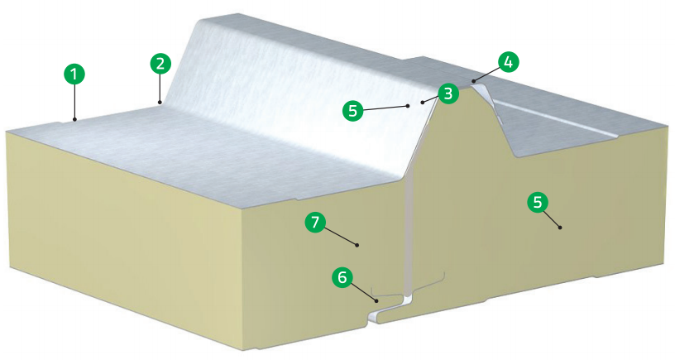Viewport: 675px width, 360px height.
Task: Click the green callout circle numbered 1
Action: [74, 74]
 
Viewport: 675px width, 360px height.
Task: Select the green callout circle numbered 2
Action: [160, 62]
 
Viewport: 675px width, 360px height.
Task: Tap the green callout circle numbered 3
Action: [447, 93]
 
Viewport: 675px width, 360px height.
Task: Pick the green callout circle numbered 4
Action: [509, 60]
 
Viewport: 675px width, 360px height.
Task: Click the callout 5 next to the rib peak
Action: [354, 108]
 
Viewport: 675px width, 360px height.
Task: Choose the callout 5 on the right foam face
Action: [538, 203]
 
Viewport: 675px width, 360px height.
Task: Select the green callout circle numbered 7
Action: [314, 221]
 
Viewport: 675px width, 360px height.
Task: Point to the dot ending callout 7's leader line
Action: [357, 245]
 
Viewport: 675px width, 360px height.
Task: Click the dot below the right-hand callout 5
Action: [560, 226]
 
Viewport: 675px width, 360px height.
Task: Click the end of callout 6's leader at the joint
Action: [378, 300]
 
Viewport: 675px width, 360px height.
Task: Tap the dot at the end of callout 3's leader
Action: [422, 101]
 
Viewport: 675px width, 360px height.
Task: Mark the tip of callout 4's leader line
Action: [472, 81]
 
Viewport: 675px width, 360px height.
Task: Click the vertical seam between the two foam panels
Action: [409, 232]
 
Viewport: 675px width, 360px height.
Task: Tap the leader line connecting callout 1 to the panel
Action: [74, 103]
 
